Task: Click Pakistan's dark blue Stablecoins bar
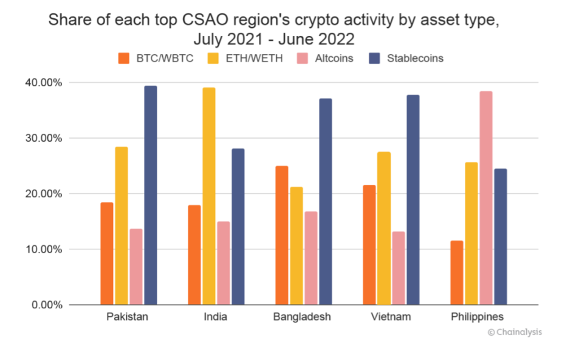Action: pos(151,195)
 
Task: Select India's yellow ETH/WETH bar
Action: pos(208,196)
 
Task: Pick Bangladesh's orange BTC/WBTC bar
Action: pos(281,235)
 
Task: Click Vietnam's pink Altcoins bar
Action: pos(399,268)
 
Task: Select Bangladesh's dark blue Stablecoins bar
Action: pos(326,201)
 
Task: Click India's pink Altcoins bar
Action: pos(224,263)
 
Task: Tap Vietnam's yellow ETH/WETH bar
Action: pos(384,228)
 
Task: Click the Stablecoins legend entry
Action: pos(414,58)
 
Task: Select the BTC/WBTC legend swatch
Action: pos(124,58)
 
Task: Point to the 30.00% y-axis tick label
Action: pos(43,138)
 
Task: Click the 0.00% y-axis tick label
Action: pos(46,305)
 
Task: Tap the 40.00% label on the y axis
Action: pos(43,82)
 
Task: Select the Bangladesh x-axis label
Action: pos(302,317)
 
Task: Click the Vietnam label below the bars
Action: pos(391,317)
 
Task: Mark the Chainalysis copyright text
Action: pos(515,332)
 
